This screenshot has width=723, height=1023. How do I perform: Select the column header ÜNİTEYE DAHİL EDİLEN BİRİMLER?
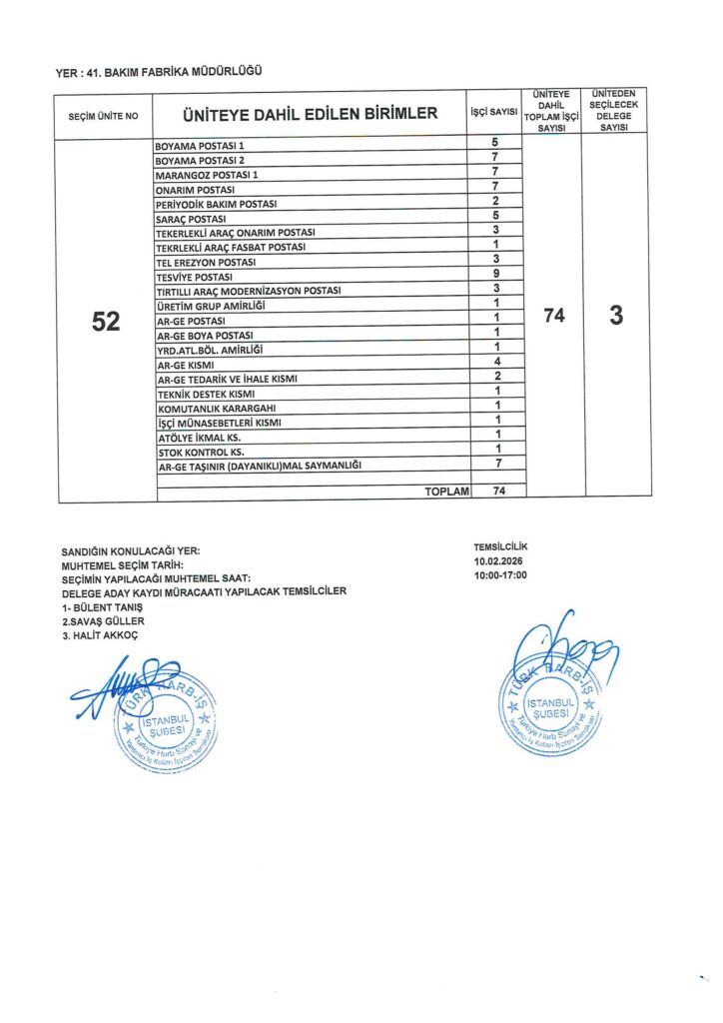[x=310, y=114]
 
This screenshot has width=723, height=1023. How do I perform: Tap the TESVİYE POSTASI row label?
[x=195, y=276]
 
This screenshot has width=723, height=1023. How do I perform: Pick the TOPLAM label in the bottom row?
[x=446, y=492]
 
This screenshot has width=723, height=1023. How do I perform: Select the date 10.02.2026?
[x=499, y=562]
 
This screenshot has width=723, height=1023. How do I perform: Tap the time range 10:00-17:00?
[x=500, y=576]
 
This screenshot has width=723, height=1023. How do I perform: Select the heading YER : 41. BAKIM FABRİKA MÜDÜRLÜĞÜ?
[x=159, y=72]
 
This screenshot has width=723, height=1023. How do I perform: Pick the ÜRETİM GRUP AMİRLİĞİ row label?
[x=209, y=305]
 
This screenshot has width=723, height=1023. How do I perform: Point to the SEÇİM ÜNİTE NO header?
[x=104, y=117]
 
